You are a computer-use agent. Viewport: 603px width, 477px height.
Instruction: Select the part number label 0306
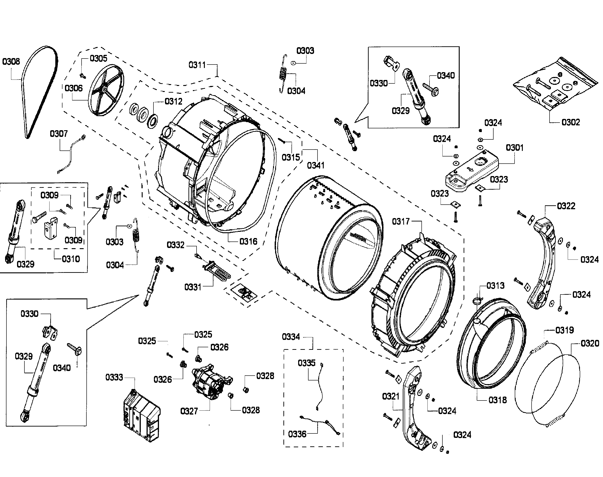74,88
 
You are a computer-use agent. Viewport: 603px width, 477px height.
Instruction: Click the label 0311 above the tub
197,65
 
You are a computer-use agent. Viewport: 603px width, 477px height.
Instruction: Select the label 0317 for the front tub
400,221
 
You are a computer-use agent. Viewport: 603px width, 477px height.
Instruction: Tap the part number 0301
515,147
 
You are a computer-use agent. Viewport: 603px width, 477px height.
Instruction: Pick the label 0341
316,165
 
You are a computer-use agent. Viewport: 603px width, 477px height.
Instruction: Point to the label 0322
566,206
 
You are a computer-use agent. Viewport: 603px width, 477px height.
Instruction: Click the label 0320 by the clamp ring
590,343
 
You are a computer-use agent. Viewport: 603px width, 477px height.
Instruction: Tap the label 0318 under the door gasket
497,400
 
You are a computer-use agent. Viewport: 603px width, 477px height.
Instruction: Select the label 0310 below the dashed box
71,259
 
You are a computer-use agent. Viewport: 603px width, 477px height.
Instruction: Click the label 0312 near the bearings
173,101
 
